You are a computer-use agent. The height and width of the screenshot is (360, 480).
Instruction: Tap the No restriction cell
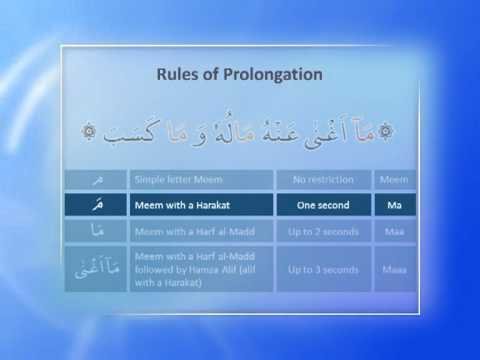pos(323,180)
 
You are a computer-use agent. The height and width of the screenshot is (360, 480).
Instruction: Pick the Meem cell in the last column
pos(395,180)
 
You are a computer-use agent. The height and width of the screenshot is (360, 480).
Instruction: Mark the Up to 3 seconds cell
pos(323,270)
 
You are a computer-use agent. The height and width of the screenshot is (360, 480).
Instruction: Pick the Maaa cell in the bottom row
pos(395,270)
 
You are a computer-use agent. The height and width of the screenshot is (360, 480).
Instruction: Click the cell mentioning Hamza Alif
pos(200,270)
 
